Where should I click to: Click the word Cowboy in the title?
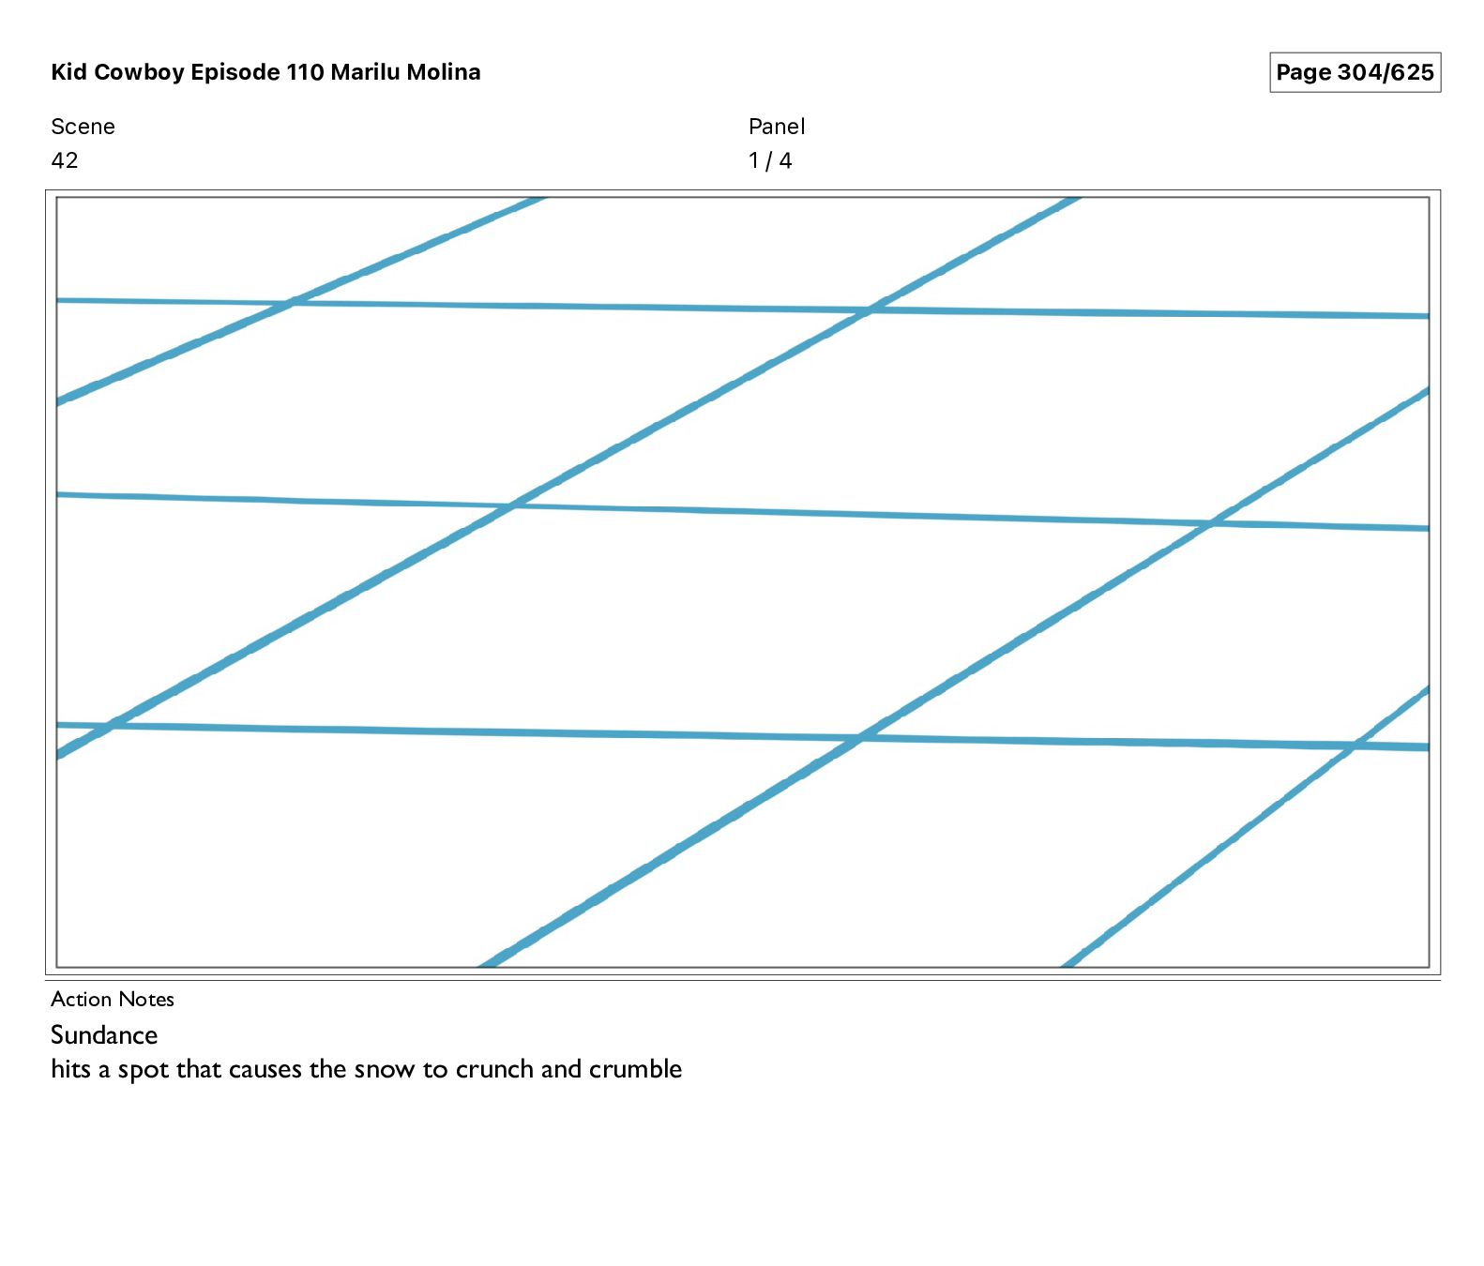[x=139, y=72]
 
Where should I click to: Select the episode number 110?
[x=305, y=72]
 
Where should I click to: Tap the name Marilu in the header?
[x=365, y=72]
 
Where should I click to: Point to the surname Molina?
[x=443, y=72]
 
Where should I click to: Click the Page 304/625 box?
[x=1354, y=72]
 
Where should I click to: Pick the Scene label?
[x=83, y=127]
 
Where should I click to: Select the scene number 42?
[x=65, y=160]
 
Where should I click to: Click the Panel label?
[x=777, y=127]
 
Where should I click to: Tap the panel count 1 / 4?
[x=770, y=160]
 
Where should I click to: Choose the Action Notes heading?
[x=113, y=999]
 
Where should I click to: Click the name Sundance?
[x=104, y=1034]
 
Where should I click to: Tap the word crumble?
[x=635, y=1069]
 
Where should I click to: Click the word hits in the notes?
[x=70, y=1069]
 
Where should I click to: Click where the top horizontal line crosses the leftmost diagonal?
[x=292, y=303]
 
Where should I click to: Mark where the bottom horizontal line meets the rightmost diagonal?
[x=1354, y=746]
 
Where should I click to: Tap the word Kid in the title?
[x=68, y=72]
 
